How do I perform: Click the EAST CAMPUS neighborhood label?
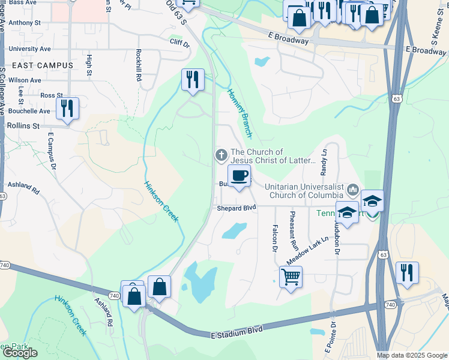[41, 65]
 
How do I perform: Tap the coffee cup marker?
[239, 176]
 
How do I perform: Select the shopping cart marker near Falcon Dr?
[291, 277]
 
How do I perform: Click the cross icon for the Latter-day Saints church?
[221, 156]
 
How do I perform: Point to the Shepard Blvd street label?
[237, 208]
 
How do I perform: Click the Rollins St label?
[23, 126]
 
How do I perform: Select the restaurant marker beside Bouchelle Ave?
[67, 109]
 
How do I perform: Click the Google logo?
[20, 353]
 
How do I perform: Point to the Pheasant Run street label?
[294, 230]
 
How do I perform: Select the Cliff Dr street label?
[179, 44]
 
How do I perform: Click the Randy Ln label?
[324, 162]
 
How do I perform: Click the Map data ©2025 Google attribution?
[412, 355]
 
